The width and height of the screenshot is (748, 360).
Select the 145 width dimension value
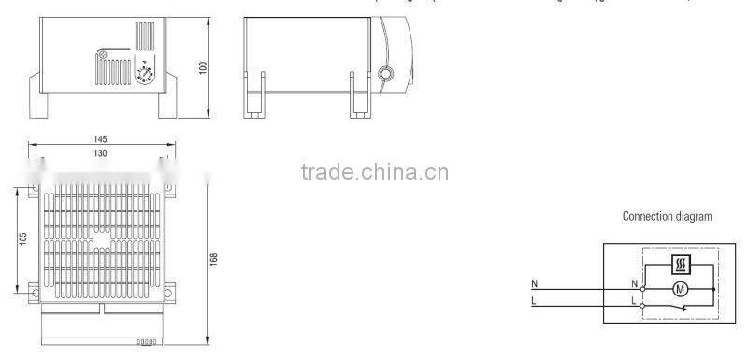point(100,138)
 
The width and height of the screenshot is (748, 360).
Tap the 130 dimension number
point(100,152)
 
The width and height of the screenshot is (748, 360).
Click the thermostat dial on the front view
point(146,73)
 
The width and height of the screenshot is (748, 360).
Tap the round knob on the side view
point(386,73)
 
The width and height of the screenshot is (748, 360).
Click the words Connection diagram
point(667,216)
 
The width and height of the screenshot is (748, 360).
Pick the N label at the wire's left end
point(534,283)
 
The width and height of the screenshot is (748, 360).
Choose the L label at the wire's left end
point(534,300)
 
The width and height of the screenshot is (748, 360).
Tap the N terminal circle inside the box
point(642,289)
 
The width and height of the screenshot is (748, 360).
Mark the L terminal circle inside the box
point(642,305)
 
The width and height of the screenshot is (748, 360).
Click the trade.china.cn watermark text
point(374,172)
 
